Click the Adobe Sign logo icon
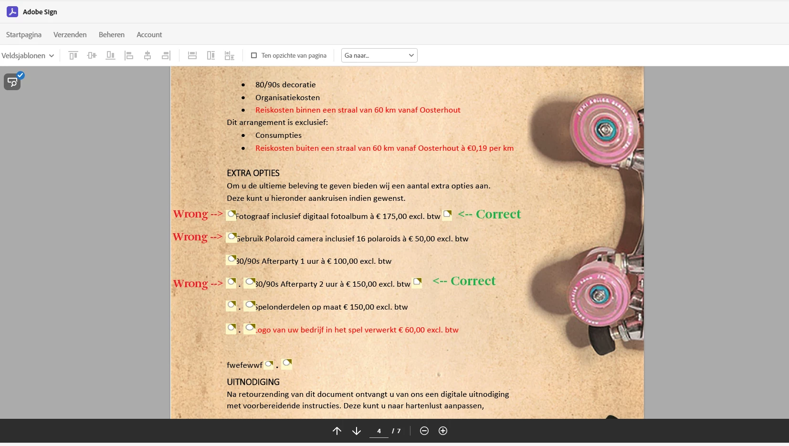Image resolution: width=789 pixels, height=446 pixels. coord(12,11)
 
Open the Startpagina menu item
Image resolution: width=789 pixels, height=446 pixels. coord(23,34)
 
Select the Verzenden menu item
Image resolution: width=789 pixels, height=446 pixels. coord(70,34)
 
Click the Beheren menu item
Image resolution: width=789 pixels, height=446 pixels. coord(111,34)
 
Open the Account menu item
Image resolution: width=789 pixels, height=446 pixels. coord(149,34)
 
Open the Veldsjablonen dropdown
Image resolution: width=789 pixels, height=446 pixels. coord(28,56)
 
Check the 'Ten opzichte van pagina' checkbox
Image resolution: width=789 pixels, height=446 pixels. coord(253,55)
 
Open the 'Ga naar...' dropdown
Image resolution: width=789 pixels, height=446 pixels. coord(379,55)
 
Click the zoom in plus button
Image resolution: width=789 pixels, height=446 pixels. coord(443,431)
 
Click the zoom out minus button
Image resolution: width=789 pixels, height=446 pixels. coord(424,431)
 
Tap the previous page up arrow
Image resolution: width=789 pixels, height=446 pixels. coord(337,431)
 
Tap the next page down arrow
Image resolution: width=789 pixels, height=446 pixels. coord(357,431)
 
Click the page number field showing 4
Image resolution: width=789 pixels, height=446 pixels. coord(379,431)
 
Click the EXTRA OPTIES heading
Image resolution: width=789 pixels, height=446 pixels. coord(253,173)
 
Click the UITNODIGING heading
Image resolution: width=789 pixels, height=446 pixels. coord(253,382)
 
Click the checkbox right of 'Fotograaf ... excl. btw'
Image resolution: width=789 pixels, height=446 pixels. coord(447,215)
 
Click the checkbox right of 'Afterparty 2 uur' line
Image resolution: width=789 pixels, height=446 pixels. coord(417,282)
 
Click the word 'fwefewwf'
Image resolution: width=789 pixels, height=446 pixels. coord(244,365)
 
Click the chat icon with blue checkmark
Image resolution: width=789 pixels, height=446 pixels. coord(13,81)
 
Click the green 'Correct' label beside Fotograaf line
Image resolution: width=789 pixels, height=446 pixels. coord(498,214)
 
